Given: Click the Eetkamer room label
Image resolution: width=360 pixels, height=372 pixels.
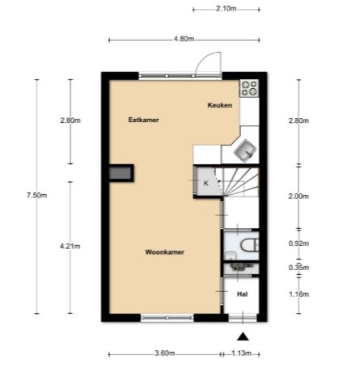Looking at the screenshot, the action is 143,120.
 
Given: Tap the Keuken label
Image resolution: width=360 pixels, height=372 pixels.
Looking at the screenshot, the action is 220,105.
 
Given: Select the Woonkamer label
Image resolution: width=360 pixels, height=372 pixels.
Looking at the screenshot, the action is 164,252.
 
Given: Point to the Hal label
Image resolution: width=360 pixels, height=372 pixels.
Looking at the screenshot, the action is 242,294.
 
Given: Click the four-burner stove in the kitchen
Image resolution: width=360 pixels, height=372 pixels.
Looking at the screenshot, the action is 249,88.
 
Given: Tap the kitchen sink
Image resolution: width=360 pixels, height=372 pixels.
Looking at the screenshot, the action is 245,151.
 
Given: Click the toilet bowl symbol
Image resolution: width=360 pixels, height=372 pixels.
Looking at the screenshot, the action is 250,246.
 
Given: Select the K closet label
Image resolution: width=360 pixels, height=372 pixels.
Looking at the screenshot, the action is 206,184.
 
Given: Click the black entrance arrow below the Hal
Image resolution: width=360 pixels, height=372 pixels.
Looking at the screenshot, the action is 243,336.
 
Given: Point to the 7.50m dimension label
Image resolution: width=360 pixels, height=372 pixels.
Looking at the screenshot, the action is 36,195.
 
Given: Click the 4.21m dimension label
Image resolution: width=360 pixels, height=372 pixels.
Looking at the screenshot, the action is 70,246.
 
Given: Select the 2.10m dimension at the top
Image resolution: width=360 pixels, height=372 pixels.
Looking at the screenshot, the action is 226,8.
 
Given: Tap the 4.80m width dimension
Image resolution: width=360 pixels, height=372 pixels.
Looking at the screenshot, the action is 184,39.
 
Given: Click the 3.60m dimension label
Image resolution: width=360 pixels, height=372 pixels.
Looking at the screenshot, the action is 165,353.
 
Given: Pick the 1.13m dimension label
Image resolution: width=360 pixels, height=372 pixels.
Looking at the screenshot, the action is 241,353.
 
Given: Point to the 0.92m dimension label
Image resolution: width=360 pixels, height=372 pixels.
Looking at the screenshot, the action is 299,243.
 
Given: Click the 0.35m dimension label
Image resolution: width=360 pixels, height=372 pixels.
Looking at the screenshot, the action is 299,268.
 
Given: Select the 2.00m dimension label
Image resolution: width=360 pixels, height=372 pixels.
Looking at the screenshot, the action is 299,197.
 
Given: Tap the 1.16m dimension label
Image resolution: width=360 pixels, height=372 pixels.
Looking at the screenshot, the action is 299,294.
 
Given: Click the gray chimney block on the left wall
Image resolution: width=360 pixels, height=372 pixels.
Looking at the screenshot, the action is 121,173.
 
